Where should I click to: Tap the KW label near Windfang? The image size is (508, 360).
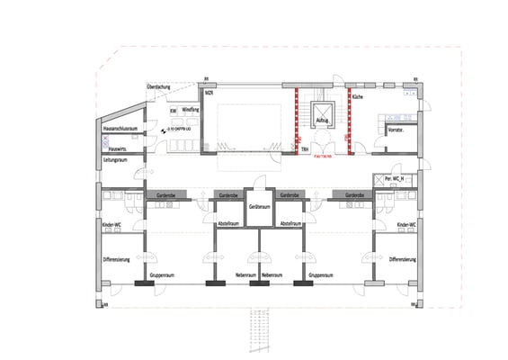point(173,111)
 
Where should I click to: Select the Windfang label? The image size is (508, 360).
point(191,110)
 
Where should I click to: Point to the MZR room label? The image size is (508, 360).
point(209,93)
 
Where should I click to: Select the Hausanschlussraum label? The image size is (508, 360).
point(120,130)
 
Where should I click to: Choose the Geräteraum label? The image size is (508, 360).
point(259,207)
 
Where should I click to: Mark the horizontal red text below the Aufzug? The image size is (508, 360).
point(323,156)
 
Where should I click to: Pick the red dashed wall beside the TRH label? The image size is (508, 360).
point(298,121)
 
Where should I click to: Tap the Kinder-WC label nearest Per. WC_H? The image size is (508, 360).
point(406,224)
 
